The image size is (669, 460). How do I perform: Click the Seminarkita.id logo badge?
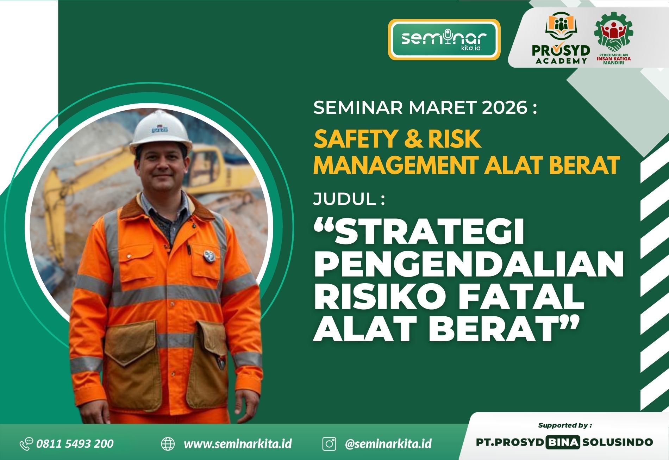tap(444, 39)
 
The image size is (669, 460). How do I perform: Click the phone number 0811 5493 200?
tap(75, 443)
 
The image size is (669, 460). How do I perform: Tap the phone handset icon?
tap(26, 444)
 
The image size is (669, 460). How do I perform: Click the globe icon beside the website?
tap(168, 444)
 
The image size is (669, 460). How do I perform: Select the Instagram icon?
tap(329, 444)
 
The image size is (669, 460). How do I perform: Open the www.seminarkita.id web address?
tap(238, 444)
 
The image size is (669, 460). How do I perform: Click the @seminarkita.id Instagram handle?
tap(388, 444)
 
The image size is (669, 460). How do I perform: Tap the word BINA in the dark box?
tap(562, 442)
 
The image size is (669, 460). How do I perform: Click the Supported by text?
tap(565, 425)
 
